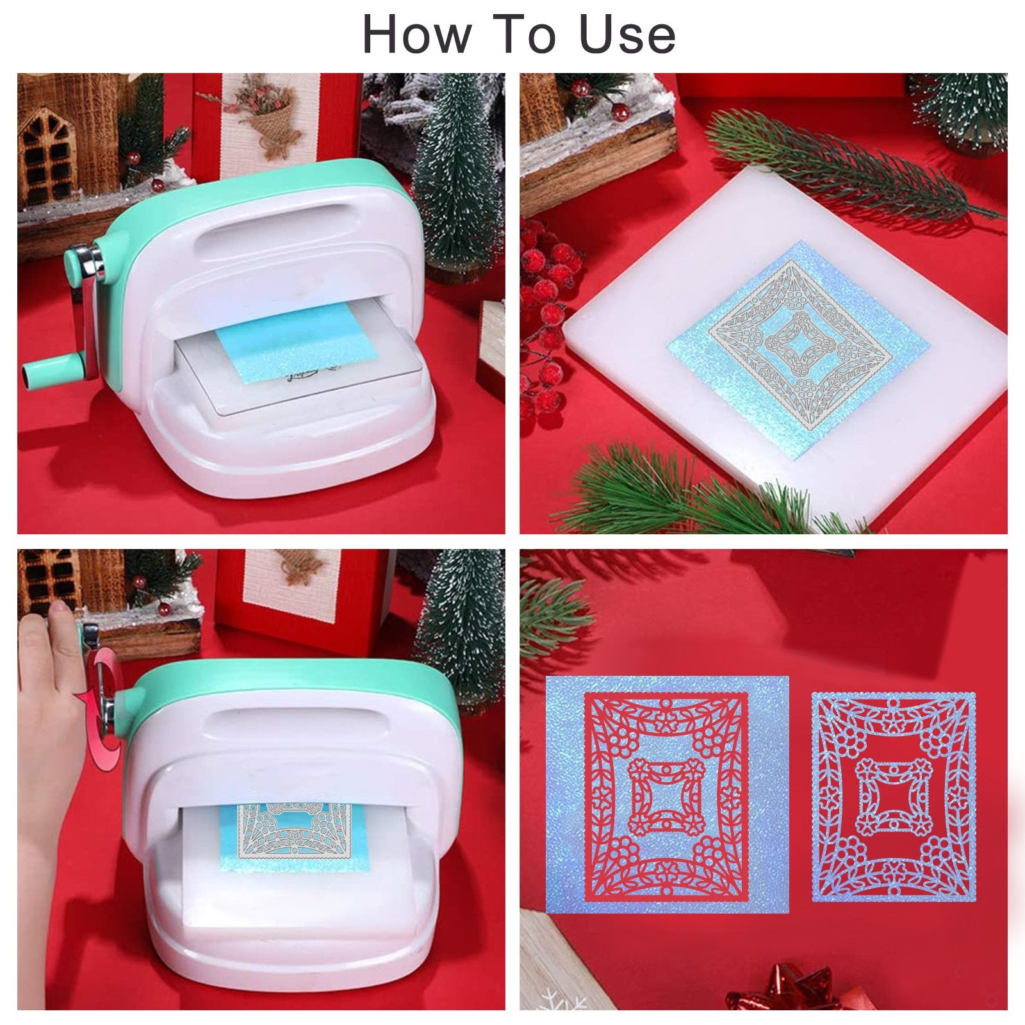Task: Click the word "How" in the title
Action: [x=417, y=35]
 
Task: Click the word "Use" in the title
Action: [x=628, y=35]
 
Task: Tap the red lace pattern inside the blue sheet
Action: [x=667, y=798]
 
